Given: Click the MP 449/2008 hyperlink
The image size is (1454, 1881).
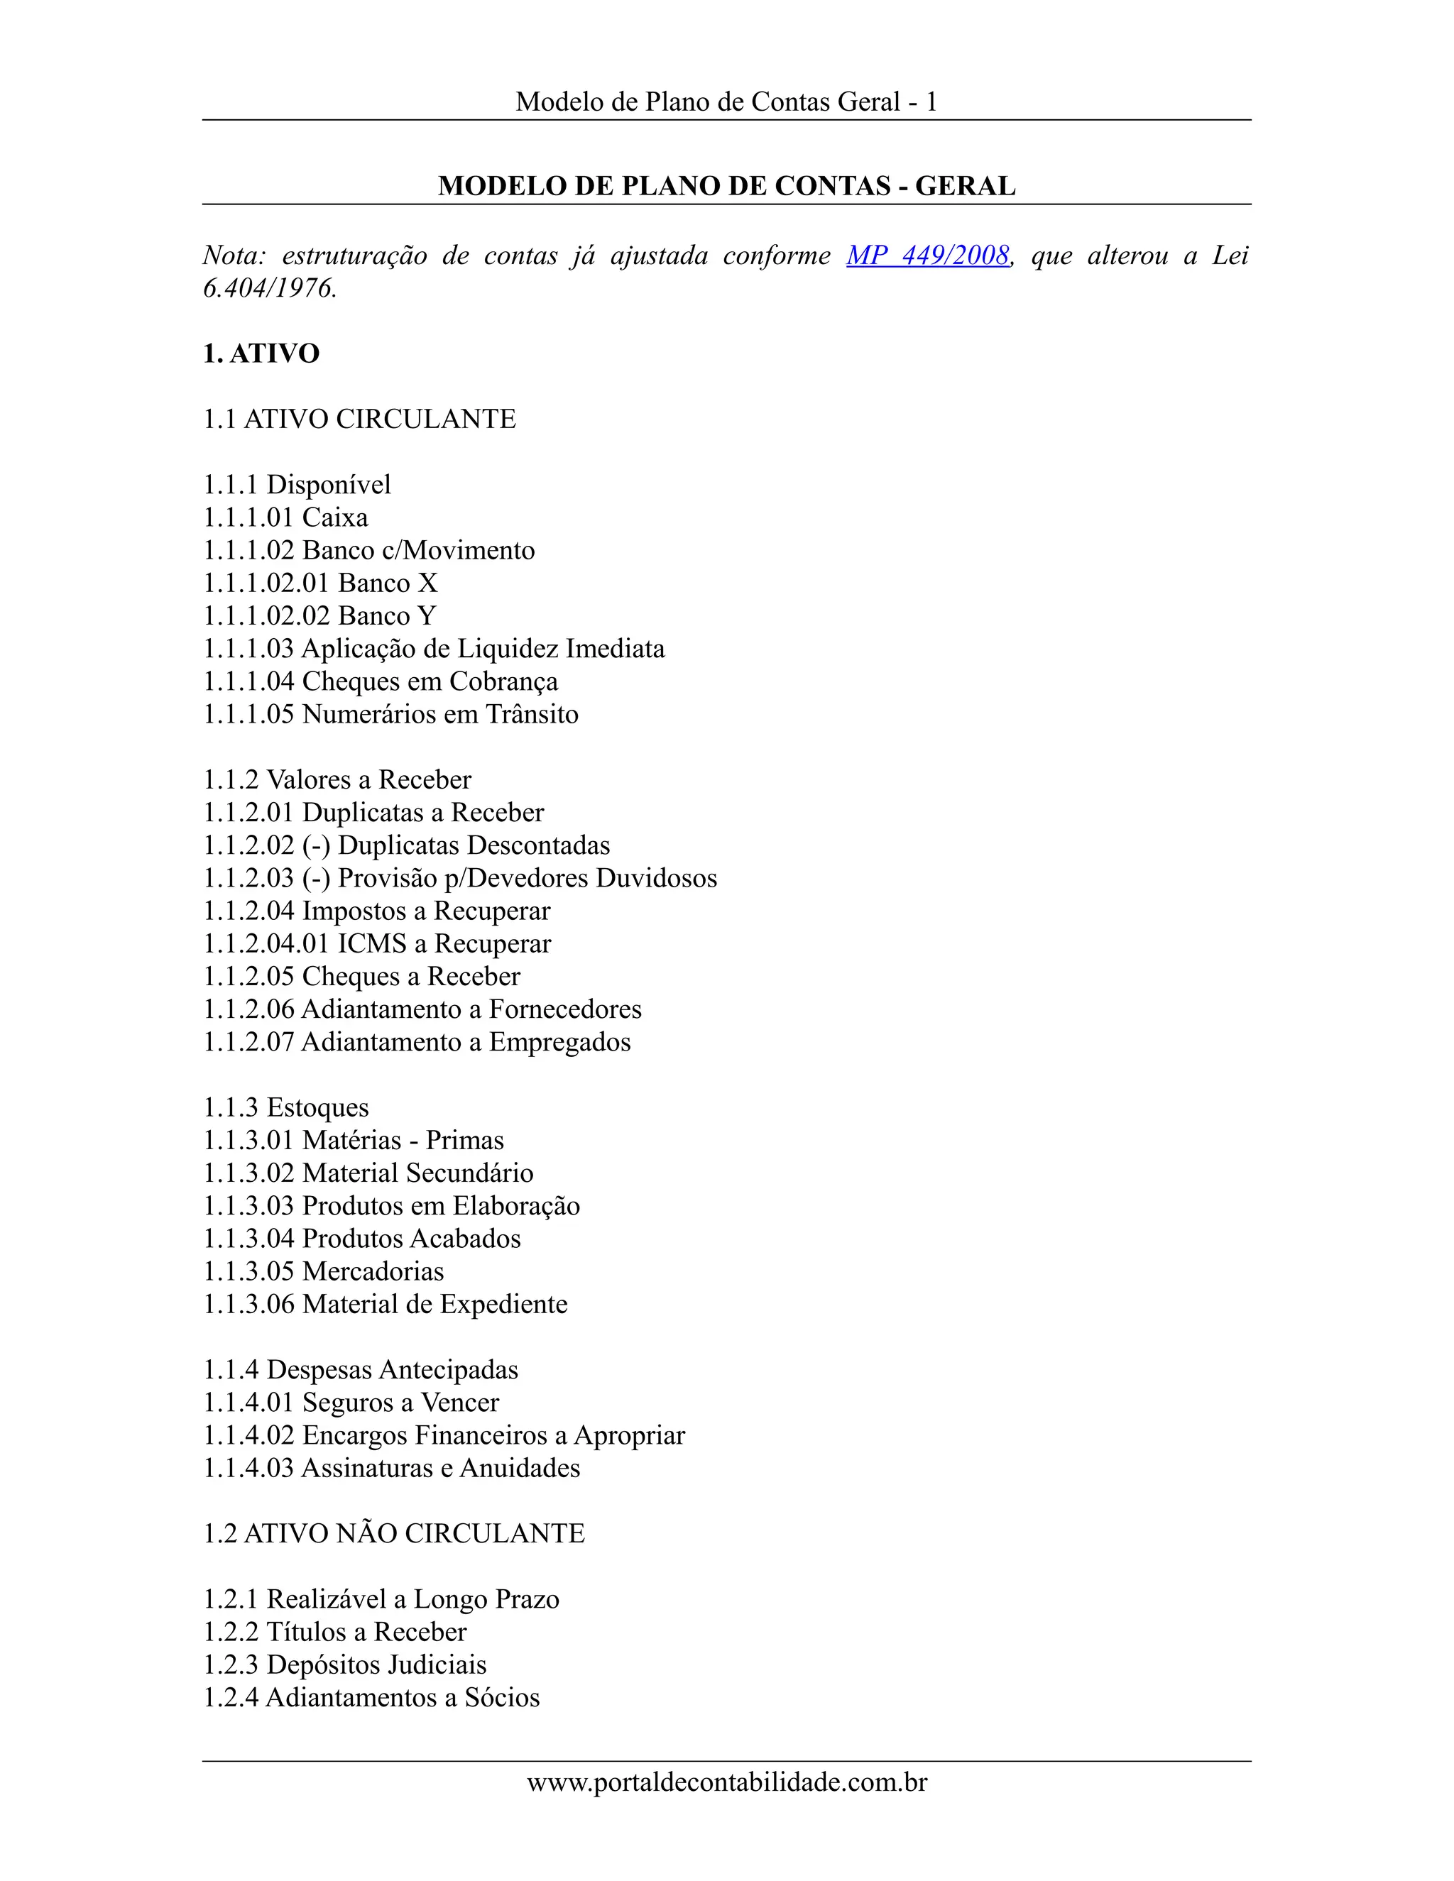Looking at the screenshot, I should pos(928,256).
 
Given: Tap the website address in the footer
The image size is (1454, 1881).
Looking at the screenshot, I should pos(727,1781).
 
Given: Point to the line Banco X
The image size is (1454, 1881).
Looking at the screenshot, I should pos(320,583).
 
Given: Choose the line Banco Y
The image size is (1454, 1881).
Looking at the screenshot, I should pos(319,616).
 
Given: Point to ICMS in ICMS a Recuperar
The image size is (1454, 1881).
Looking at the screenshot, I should pos(371,943).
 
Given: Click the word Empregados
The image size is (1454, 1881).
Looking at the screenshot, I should pos(560,1041).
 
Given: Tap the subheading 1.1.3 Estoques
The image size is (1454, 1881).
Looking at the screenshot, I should pos(286,1107).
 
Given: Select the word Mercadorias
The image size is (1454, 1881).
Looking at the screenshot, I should pos(373,1271).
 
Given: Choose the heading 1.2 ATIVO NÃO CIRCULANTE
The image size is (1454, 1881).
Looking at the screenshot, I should pos(393,1533).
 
